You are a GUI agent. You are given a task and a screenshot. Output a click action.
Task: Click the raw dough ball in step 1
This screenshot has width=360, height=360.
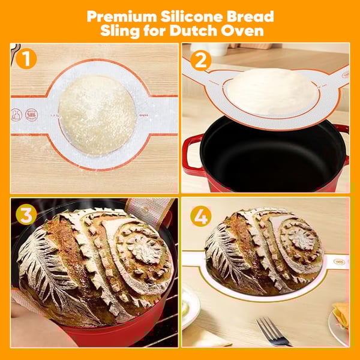coord(97,114)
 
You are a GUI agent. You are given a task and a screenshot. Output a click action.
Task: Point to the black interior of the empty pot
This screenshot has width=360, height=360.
coord(270,153)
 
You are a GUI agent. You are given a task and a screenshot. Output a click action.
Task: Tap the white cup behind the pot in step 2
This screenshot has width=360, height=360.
coord(217,49)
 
